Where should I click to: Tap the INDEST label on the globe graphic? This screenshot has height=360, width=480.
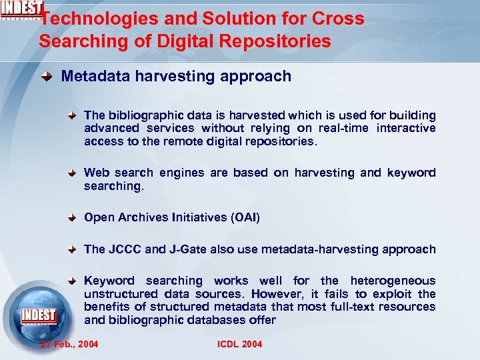[38, 315]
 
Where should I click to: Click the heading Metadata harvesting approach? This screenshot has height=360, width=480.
[176, 76]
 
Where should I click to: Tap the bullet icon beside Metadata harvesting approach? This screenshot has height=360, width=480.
[47, 77]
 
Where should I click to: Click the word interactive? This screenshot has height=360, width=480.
[406, 128]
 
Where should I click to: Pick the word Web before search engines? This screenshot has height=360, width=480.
[97, 173]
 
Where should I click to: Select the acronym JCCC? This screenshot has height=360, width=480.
[125, 249]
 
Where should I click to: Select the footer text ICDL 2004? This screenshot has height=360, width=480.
[240, 344]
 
